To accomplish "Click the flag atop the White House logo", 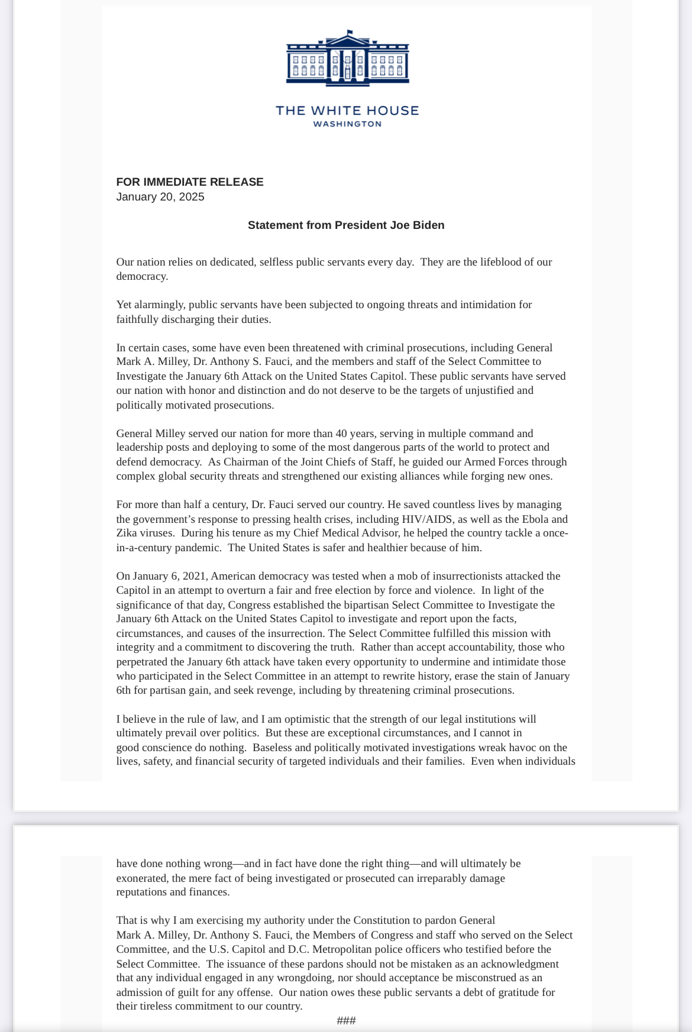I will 350,33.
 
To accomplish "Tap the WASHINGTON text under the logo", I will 347,124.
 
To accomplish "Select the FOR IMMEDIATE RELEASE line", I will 190,182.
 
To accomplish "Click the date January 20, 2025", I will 160,197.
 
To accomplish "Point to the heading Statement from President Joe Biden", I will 346,225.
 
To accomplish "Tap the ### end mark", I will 346,1020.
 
